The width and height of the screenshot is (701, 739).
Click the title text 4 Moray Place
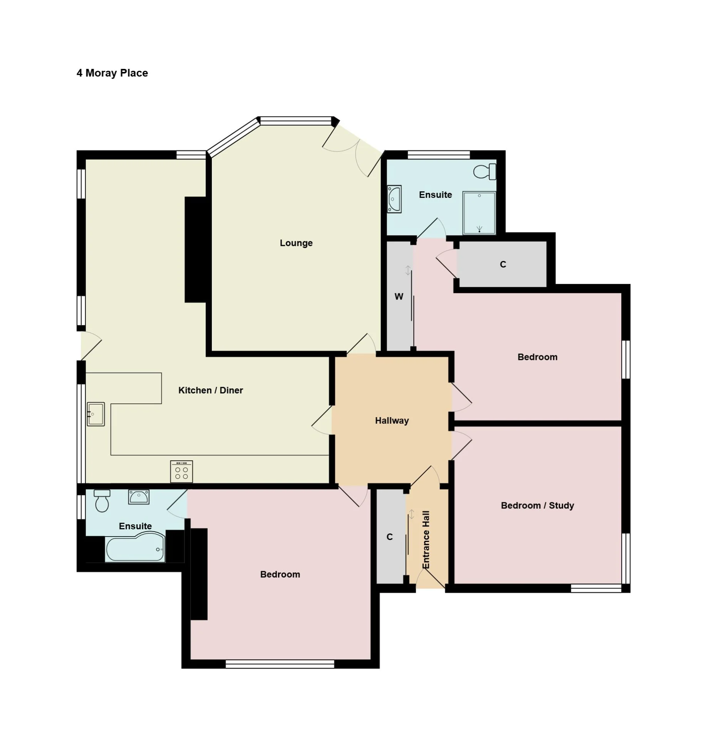coord(112,73)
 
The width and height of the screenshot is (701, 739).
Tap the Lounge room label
coord(296,243)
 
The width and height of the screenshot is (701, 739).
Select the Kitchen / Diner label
coord(211,390)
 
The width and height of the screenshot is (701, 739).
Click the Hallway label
coord(392,421)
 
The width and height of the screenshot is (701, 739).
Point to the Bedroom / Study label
coord(537,505)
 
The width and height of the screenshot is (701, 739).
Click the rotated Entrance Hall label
coord(426,540)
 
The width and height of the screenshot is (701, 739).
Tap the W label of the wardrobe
coord(399,296)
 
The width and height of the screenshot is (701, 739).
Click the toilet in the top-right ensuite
coord(485,172)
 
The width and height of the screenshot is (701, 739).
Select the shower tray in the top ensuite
coord(479,213)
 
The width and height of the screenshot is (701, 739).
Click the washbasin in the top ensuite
coord(394,199)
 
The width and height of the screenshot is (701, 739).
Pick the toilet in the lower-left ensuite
coord(102,501)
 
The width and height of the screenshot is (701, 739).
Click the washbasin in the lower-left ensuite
coord(139,497)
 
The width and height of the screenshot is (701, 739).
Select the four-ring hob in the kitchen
coord(181,471)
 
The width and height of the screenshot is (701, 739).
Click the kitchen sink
coord(96,414)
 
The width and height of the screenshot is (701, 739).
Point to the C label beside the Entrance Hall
coord(390,537)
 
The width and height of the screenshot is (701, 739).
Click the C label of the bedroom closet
coord(503,264)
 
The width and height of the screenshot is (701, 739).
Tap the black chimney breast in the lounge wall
coord(196,250)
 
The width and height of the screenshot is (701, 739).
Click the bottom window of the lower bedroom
coord(280,664)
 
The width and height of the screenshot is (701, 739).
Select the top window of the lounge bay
coord(296,121)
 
